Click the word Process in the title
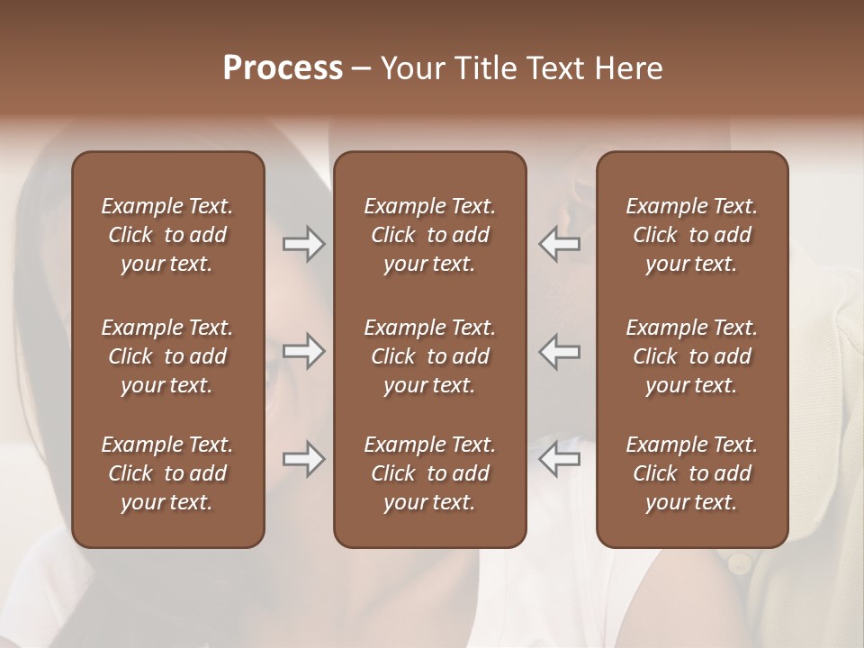(283, 68)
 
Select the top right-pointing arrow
(303, 244)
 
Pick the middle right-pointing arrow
(303, 351)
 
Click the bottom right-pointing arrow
(303, 459)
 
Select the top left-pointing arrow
(559, 244)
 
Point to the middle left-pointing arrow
(559, 351)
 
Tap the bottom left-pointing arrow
(559, 459)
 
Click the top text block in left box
(167, 235)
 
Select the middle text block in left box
(167, 356)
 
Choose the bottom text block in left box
(167, 473)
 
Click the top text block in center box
(429, 235)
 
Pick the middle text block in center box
(429, 356)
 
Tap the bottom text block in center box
(429, 473)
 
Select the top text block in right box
(691, 235)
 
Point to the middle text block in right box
(691, 356)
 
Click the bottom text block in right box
(691, 473)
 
